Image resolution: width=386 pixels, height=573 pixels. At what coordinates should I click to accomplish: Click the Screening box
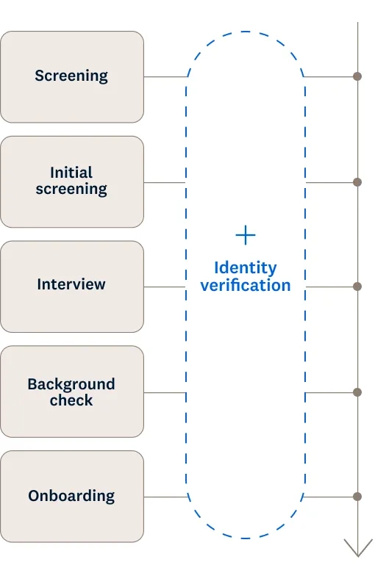tap(72, 76)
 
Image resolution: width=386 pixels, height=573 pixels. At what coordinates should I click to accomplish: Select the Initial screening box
tap(72, 182)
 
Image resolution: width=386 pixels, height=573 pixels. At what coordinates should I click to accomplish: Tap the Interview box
tap(72, 286)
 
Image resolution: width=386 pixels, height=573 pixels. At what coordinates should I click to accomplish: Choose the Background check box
tap(72, 392)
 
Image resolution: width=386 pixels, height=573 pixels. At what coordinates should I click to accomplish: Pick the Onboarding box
tap(72, 497)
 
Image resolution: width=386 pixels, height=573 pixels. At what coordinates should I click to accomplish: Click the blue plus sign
tap(246, 235)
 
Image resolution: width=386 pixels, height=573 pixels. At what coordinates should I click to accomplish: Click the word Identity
tap(246, 268)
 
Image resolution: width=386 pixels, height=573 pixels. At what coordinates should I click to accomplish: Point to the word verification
tap(246, 285)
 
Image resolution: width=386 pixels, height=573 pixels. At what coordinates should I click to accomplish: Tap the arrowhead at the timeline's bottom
tap(358, 548)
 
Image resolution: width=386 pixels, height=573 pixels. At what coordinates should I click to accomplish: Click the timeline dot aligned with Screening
tap(357, 76)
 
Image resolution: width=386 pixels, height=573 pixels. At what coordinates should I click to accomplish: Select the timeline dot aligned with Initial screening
tap(357, 182)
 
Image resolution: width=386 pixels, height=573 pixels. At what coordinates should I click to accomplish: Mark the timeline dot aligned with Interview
tap(357, 286)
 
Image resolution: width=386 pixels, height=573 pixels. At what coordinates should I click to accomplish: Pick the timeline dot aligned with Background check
tap(357, 392)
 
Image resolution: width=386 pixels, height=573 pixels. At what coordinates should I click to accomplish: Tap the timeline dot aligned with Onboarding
tap(357, 497)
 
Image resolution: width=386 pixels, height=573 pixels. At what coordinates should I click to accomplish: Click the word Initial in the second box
tap(71, 173)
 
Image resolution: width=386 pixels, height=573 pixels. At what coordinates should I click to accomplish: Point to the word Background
tap(71, 384)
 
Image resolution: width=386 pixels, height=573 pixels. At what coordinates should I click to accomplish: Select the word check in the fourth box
tap(71, 400)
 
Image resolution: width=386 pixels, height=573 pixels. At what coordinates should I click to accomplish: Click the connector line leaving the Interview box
tap(165, 286)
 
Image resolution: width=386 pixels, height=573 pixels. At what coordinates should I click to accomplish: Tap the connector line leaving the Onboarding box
tap(165, 497)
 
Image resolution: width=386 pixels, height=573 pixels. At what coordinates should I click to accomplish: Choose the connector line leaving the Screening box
tap(165, 76)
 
